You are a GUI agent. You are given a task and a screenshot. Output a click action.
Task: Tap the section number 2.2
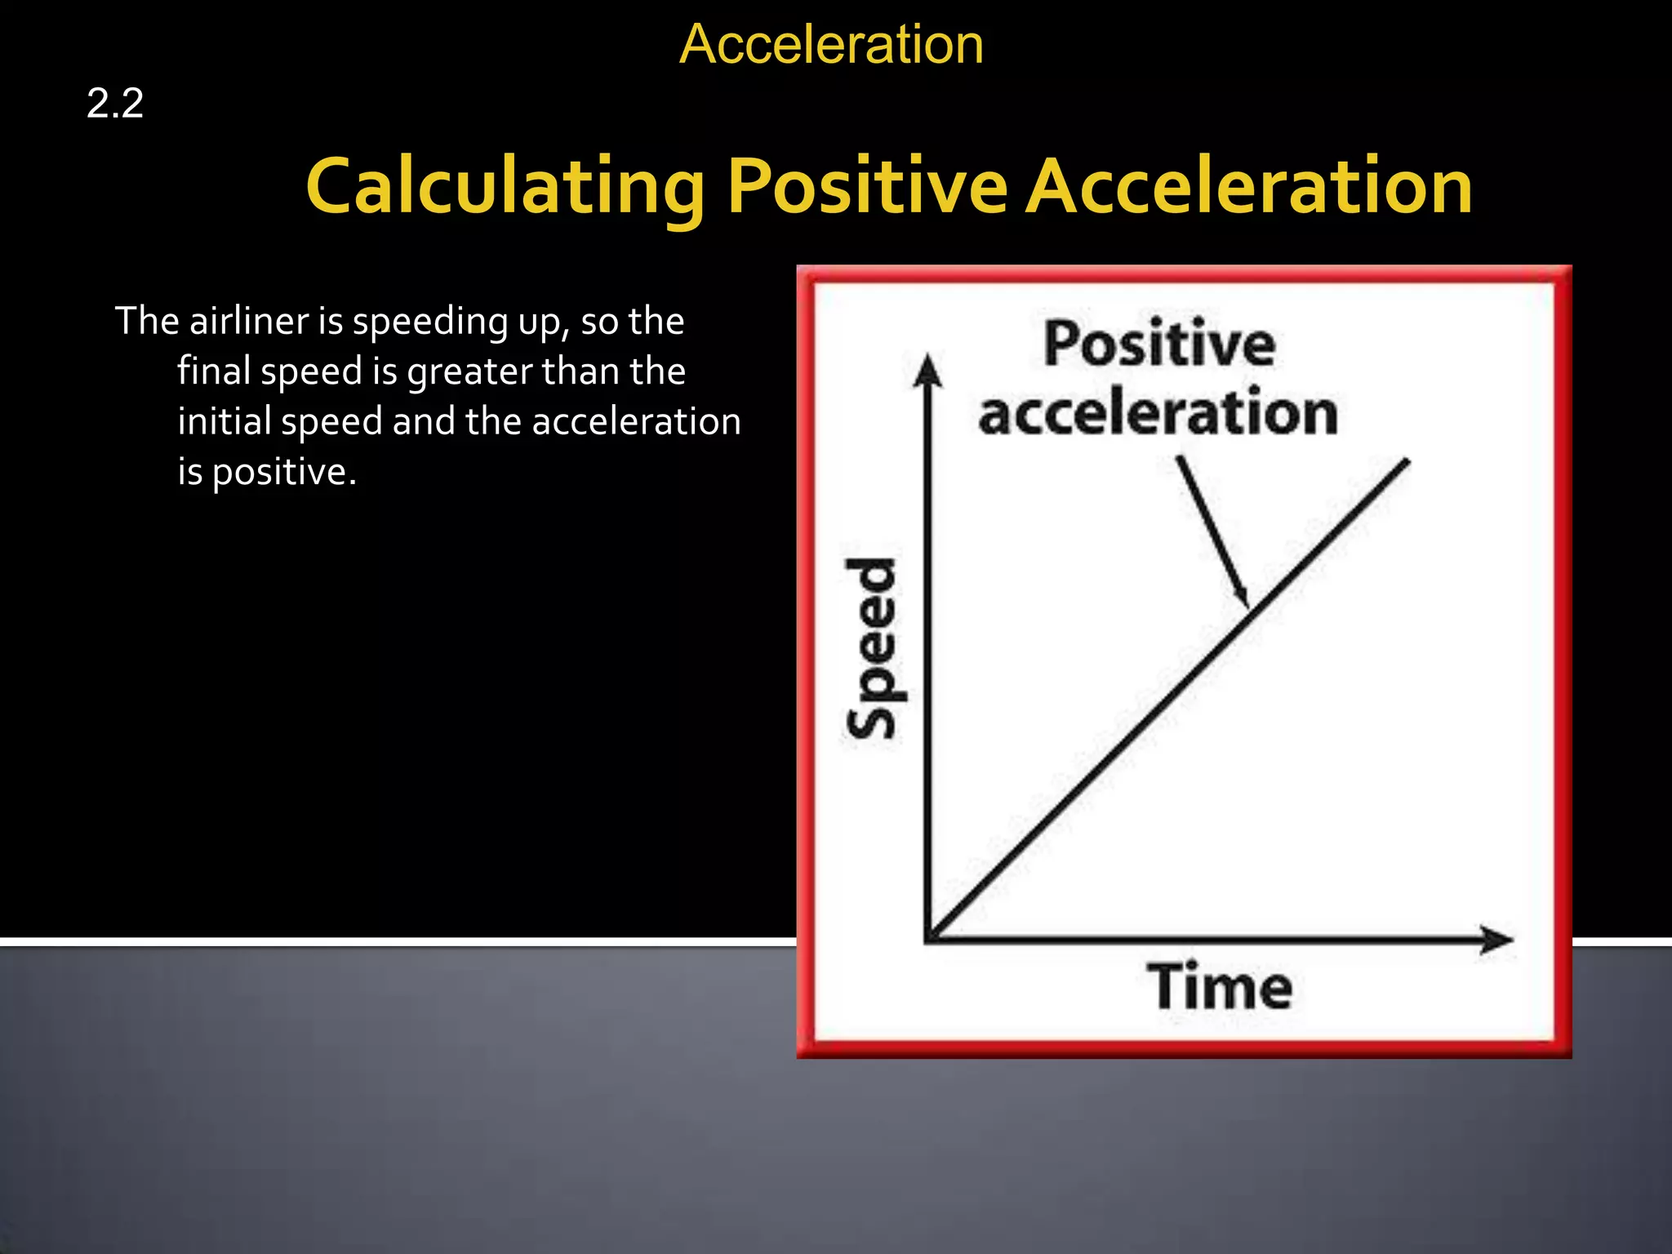pos(115,104)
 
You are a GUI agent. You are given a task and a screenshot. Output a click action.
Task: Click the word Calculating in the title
pos(505,187)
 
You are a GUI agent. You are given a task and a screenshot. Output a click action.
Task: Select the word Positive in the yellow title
pos(867,187)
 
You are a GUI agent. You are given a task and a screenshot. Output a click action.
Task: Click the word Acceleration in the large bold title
pos(1248,187)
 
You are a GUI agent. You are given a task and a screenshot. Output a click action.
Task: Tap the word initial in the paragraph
pos(224,422)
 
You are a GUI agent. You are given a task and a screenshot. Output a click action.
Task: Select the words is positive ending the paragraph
pos(267,473)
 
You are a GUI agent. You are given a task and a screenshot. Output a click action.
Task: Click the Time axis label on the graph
pos(1220,987)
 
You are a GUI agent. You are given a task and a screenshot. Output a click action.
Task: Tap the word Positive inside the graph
pos(1159,344)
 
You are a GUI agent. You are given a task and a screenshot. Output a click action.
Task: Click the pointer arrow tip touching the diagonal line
pos(1247,605)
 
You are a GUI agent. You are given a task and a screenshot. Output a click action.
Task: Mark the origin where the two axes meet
pos(929,939)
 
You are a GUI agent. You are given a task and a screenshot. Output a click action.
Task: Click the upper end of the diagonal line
pos(1407,462)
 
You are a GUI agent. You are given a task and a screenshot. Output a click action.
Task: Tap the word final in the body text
pos(213,371)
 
